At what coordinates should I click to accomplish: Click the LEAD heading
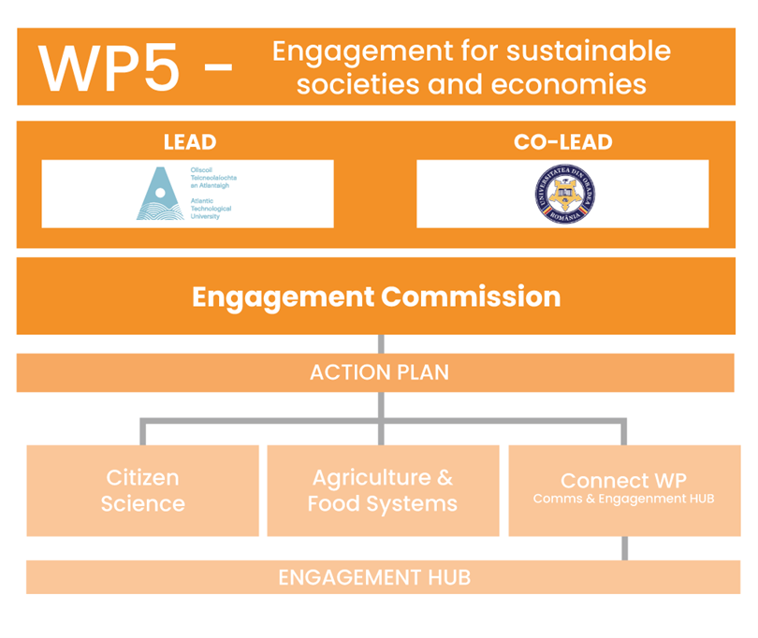tap(189, 142)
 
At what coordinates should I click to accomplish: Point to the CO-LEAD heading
tap(562, 142)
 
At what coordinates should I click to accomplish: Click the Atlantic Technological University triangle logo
tap(160, 194)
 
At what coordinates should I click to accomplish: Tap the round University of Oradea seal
tap(561, 194)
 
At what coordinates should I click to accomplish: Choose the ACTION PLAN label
tap(379, 372)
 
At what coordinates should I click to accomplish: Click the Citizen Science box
tap(142, 490)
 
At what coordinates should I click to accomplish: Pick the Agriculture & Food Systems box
tap(383, 490)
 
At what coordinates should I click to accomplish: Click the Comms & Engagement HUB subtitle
tap(623, 500)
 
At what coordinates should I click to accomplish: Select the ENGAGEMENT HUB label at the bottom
tap(374, 577)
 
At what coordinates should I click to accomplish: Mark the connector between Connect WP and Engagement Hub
tap(625, 548)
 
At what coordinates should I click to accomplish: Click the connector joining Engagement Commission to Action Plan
tap(380, 343)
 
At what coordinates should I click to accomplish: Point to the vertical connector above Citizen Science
tap(142, 432)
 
